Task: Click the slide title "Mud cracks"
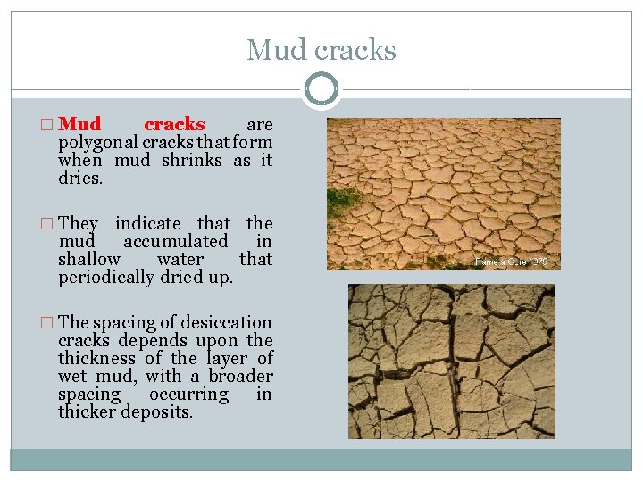tap(321, 50)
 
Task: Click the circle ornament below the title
tap(321, 90)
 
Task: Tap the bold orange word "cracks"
tap(174, 125)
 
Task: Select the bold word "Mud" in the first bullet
tap(79, 125)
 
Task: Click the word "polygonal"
tap(96, 143)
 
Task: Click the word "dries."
tap(80, 179)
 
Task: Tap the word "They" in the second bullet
tap(78, 223)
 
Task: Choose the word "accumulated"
tap(175, 241)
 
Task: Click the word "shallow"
tap(88, 259)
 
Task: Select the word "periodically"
tap(105, 277)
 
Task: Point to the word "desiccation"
tap(227, 322)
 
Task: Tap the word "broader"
tap(241, 376)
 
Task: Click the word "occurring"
tap(188, 394)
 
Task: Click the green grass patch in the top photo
tap(342, 201)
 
